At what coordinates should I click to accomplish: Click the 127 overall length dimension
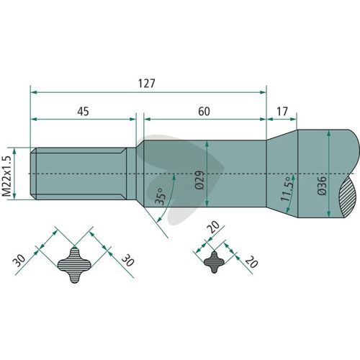(x=147, y=84)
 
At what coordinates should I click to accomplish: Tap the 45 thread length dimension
(x=83, y=112)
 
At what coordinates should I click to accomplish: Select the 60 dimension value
(x=204, y=112)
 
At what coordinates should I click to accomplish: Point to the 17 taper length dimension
(x=282, y=112)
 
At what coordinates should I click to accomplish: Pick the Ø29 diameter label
(x=199, y=180)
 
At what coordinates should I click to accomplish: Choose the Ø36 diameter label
(x=322, y=186)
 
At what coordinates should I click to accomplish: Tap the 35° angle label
(x=161, y=196)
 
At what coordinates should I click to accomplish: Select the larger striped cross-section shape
(x=74, y=265)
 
